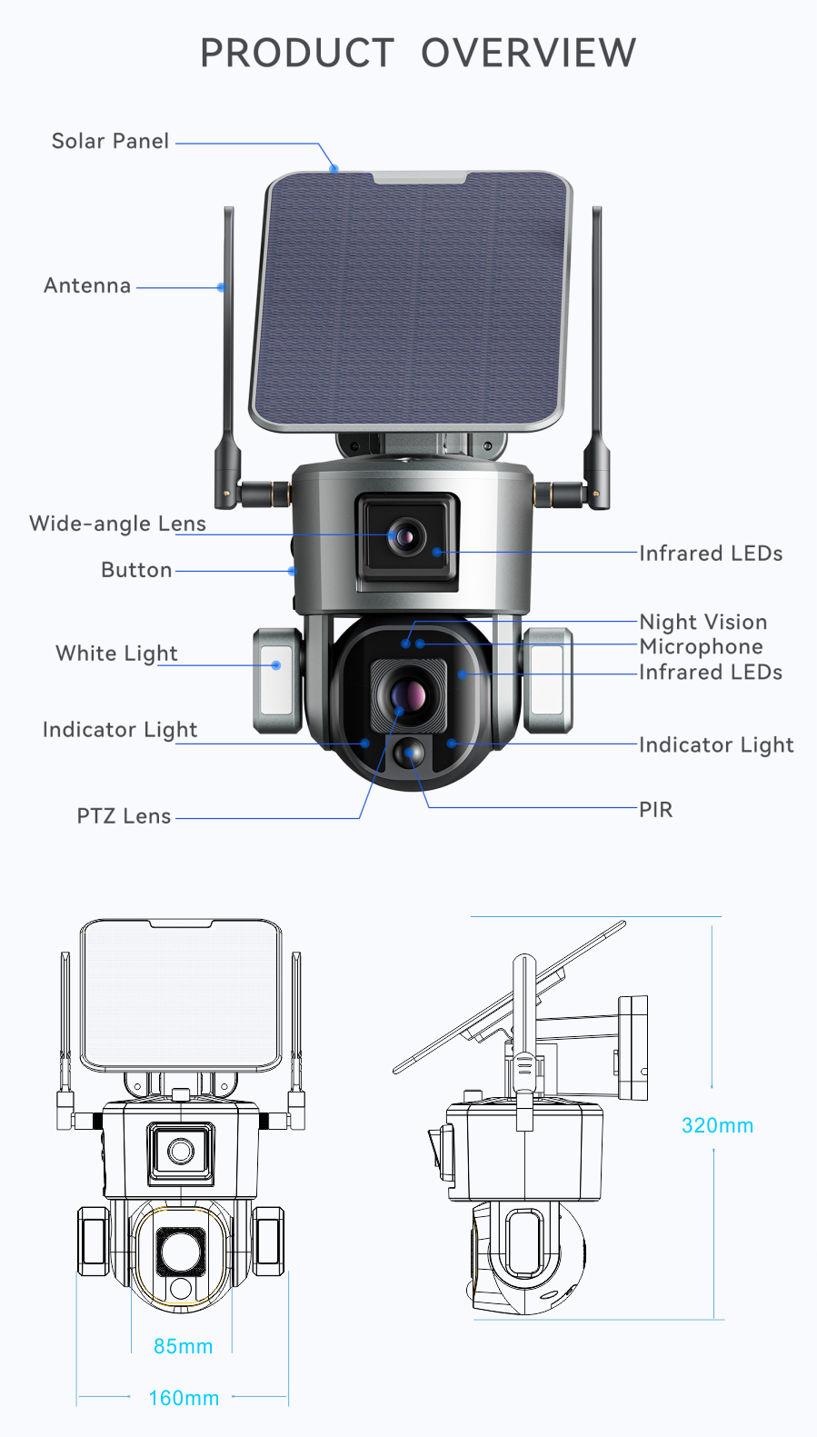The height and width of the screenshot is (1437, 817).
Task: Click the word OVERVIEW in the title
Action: pos(528,53)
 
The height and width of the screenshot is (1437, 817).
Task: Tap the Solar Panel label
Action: pos(110,141)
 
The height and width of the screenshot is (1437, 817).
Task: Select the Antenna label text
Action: pos(87,285)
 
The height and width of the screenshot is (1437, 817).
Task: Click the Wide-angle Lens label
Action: pos(117,524)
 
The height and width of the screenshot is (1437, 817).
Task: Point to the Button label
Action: pos(136,570)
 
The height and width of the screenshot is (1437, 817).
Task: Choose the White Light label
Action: pos(116,654)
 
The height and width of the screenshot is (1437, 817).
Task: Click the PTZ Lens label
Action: pos(124,816)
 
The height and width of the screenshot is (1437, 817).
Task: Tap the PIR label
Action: pos(656,810)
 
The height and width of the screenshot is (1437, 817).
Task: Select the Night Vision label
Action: pos(703,622)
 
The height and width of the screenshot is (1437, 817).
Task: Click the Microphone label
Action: pos(702,646)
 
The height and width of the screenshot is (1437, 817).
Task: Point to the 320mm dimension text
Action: pos(718,1125)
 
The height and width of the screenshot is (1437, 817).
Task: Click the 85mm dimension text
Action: pos(184,1346)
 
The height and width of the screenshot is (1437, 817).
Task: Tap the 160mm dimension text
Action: pos(184,1398)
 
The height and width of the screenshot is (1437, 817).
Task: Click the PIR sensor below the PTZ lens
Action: pos(409,753)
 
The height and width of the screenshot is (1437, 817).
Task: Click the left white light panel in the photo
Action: pos(277,680)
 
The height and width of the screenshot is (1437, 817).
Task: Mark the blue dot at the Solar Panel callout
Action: pos(334,169)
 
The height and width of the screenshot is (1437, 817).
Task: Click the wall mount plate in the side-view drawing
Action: pos(633,1048)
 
